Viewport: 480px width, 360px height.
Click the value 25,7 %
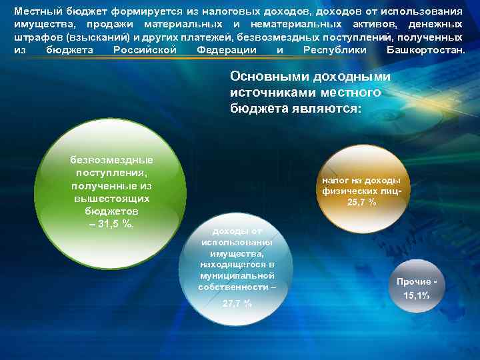pyautogui.click(x=361, y=203)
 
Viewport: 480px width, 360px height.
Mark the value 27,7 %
pyautogui.click(x=237, y=303)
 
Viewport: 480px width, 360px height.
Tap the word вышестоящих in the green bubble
pyautogui.click(x=111, y=199)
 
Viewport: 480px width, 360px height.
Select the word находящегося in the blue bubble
pyautogui.click(x=237, y=265)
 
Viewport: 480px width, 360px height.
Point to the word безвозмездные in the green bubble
pyautogui.click(x=111, y=160)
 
